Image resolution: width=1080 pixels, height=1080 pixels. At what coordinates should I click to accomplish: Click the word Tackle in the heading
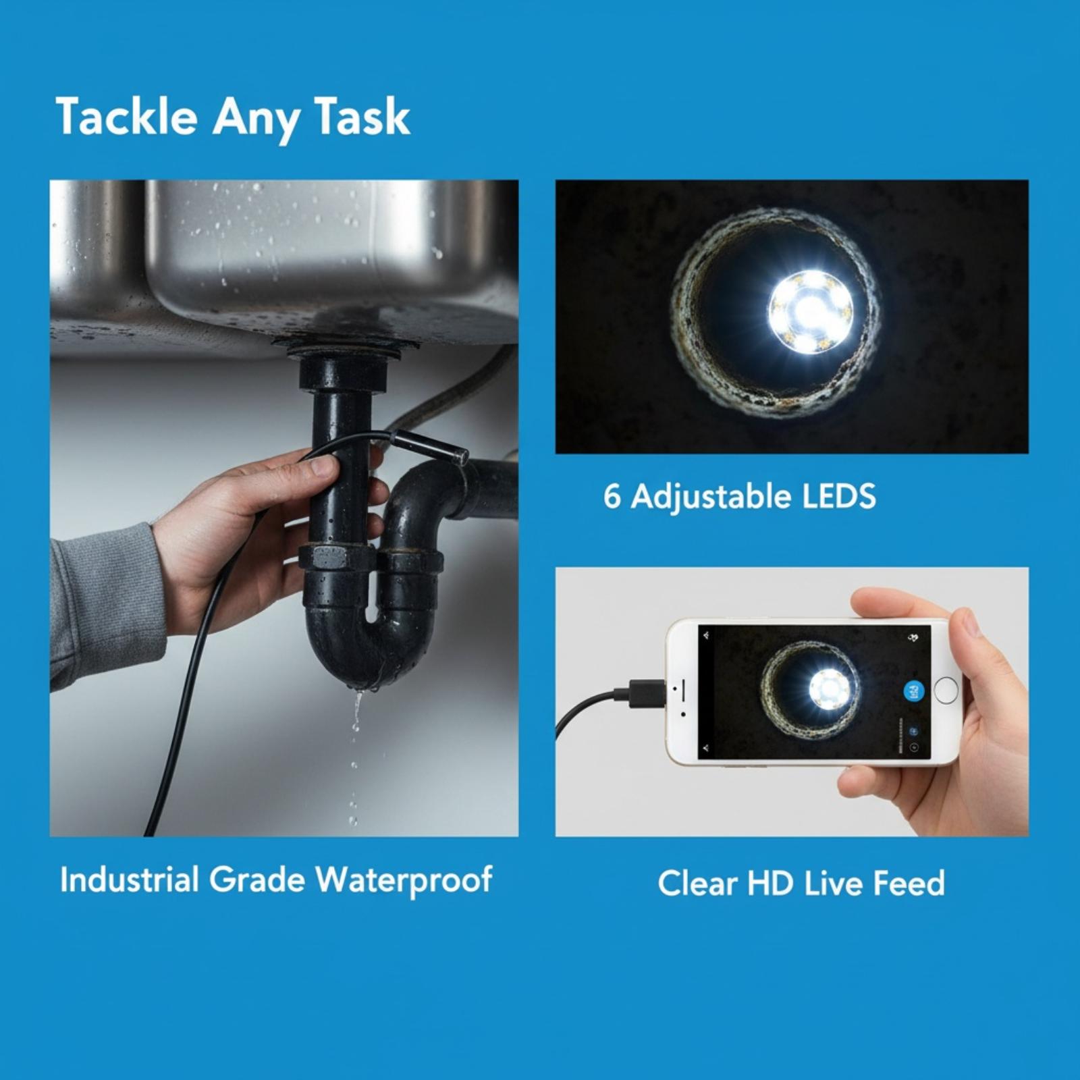[x=127, y=117]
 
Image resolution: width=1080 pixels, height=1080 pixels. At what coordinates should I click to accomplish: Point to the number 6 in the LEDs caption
[x=612, y=497]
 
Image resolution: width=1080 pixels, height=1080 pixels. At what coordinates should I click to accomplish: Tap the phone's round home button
[x=946, y=691]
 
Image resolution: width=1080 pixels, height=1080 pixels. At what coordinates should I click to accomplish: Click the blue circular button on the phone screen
[x=913, y=691]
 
